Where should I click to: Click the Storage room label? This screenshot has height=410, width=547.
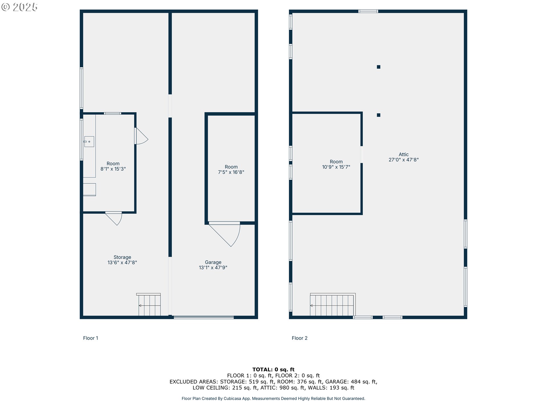tap(122, 257)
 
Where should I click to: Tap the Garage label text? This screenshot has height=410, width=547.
tap(213, 262)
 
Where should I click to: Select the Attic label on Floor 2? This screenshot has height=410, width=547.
tap(403, 154)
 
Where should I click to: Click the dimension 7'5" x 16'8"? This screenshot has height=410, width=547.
tap(231, 172)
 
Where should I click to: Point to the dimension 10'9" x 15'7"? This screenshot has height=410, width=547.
tap(336, 167)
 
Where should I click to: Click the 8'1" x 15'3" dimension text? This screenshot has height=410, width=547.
tap(113, 169)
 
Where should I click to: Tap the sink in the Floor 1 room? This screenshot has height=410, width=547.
tap(89, 142)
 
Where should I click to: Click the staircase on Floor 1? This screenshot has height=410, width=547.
tap(149, 305)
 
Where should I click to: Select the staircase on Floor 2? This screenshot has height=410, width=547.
tap(332, 305)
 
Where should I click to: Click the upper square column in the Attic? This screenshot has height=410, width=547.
tap(378, 67)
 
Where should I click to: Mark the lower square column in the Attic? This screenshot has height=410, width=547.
tap(378, 115)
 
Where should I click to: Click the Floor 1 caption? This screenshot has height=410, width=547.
tap(91, 338)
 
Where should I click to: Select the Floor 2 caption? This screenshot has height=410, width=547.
tap(299, 338)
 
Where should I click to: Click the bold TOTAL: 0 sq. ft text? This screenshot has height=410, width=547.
tap(273, 369)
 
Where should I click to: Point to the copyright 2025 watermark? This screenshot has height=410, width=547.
tap(19, 7)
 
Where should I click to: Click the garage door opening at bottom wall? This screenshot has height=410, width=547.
tap(204, 317)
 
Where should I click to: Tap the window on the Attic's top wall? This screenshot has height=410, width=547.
tap(368, 11)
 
